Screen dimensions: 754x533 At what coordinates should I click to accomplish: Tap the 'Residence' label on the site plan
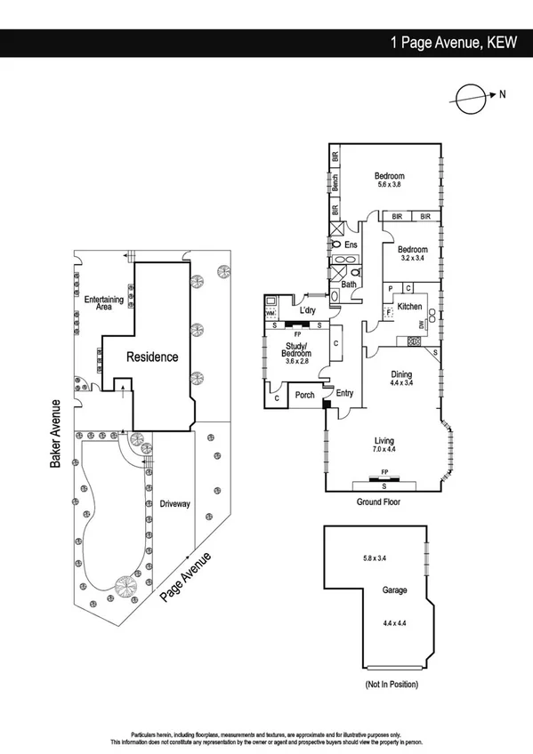151,357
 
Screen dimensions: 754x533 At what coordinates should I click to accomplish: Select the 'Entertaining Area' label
104,303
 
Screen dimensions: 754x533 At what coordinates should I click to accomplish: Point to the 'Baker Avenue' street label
55,434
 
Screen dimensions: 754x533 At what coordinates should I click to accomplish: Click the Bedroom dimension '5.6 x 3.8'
389,185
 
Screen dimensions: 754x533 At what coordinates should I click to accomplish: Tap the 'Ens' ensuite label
351,245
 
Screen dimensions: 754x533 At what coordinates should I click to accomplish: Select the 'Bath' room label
348,285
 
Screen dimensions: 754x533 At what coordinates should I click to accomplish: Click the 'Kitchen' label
409,307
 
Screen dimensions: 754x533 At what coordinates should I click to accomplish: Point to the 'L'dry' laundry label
308,310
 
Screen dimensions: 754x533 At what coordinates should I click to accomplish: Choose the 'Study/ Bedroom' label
295,352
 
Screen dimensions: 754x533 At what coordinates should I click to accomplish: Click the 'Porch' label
304,396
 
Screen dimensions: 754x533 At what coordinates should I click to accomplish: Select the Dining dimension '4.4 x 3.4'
402,384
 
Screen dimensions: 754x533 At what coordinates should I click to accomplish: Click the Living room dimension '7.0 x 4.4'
384,451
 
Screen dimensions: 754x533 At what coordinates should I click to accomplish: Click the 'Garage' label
394,590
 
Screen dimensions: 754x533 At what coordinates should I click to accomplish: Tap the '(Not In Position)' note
392,685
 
